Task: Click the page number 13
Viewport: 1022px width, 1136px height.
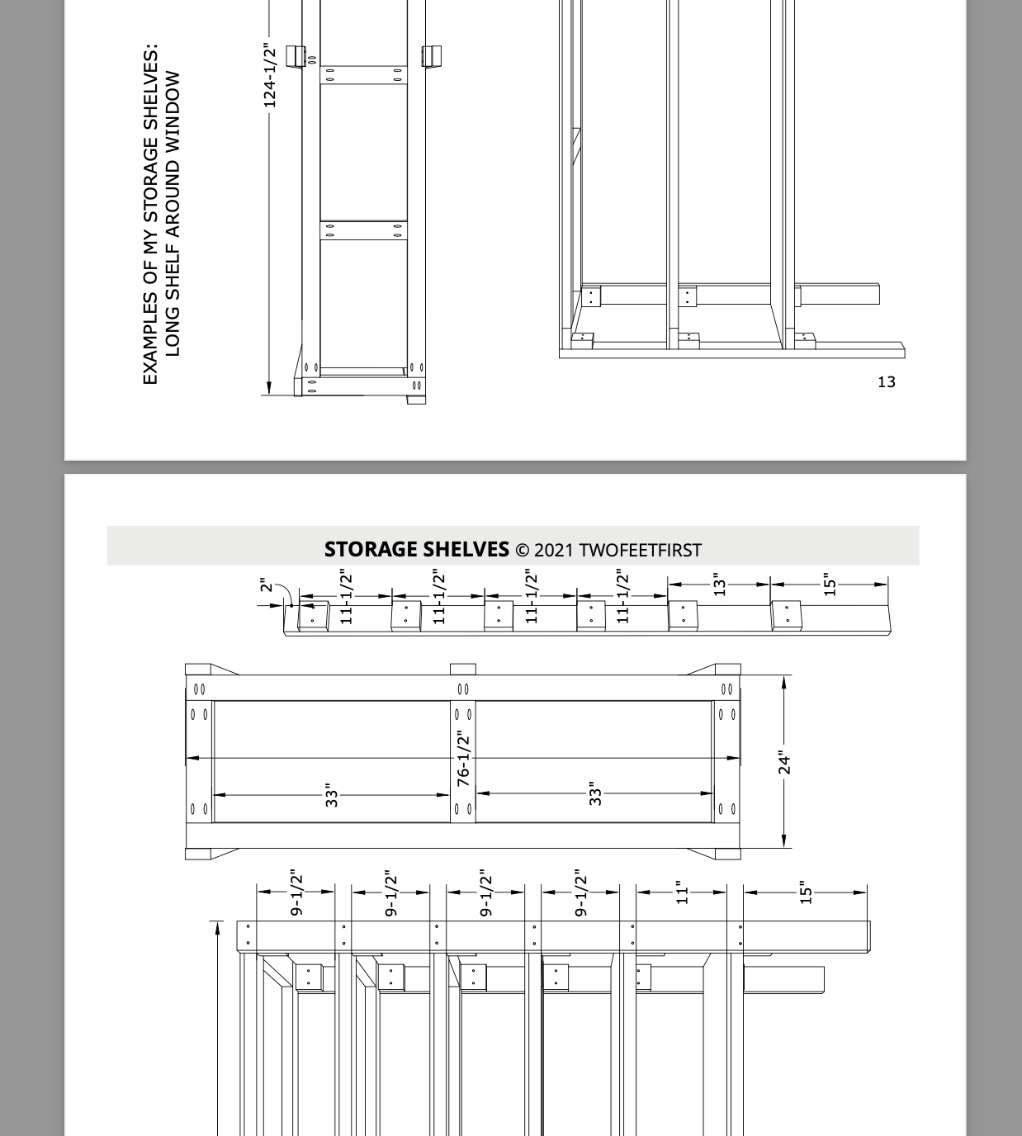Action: coord(886,381)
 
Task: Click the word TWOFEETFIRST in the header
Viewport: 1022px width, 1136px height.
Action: coord(641,551)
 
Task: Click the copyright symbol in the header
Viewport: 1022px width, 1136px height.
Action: coord(522,551)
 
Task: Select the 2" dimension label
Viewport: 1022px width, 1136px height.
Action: coord(265,585)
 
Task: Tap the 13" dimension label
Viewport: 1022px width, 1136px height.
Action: coord(719,585)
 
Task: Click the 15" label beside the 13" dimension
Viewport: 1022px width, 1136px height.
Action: coord(830,585)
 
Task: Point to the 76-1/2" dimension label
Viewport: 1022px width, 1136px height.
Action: coord(463,758)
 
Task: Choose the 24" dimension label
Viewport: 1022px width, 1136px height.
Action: coord(784,763)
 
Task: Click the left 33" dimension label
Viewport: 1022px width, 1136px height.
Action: coord(331,795)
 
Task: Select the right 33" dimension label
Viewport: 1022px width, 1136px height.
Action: coord(595,793)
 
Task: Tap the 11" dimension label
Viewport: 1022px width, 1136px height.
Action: coord(682,892)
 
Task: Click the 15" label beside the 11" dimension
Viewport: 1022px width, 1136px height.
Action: coord(806,892)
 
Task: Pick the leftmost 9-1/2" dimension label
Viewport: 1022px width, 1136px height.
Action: coord(296,892)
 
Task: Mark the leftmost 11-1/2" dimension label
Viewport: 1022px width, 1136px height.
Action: coord(346,596)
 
